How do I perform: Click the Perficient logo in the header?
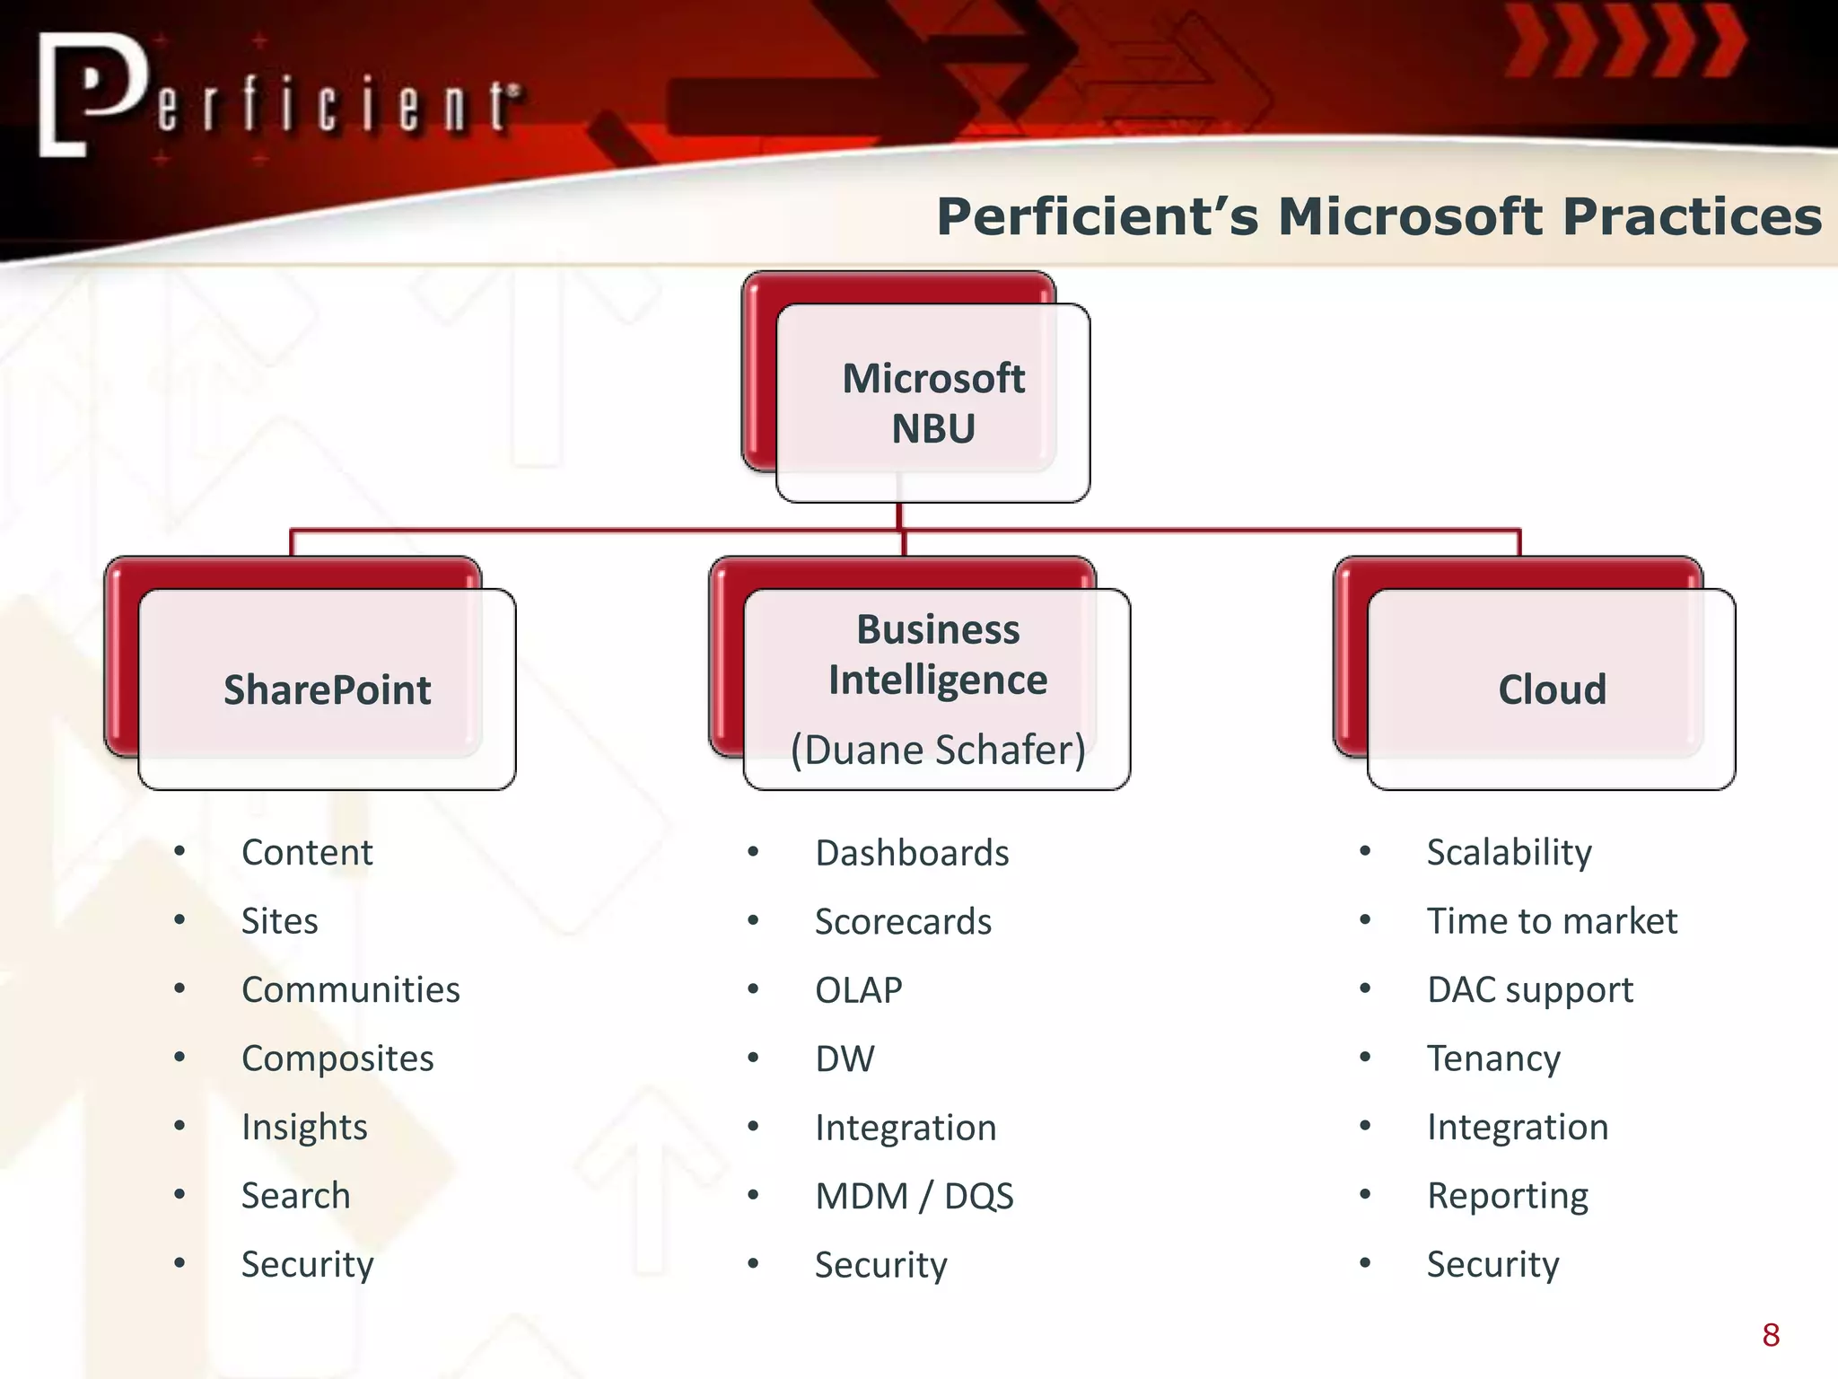278,97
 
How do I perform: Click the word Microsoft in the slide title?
1409,217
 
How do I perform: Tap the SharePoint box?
327,689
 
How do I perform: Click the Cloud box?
1551,689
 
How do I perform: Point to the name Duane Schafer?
937,750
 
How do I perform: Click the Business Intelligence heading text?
937,654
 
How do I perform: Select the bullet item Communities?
350,989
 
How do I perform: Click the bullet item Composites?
337,1058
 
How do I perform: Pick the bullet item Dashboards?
911,853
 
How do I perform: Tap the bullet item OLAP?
858,990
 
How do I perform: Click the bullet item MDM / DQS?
914,1196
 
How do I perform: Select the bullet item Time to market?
1551,921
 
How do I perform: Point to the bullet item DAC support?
1529,990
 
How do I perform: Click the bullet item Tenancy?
1493,1058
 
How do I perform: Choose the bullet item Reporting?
1507,1196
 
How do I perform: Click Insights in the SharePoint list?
304,1128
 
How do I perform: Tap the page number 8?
1770,1335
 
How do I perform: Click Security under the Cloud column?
1492,1264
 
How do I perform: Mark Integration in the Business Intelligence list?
905,1128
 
